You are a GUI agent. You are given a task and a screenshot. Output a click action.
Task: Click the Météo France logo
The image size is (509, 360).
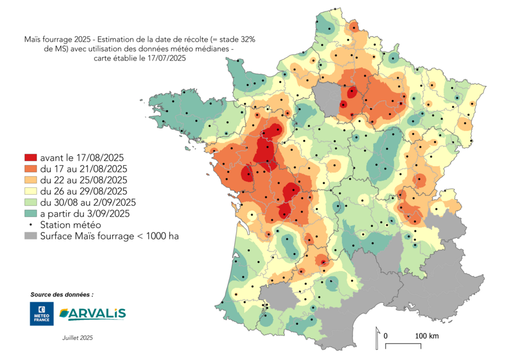[42, 314]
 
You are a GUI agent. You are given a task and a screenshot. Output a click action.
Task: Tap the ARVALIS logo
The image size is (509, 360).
[93, 313]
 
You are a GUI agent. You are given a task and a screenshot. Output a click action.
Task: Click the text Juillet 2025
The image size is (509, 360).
[78, 338]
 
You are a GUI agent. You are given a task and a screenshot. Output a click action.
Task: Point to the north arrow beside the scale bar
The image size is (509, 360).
[377, 338]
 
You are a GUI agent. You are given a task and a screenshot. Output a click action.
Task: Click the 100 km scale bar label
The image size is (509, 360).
[427, 335]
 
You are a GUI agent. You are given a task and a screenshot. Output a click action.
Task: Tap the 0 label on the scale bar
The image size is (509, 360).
[386, 335]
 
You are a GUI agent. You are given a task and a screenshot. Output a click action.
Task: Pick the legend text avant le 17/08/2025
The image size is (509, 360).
[82, 158]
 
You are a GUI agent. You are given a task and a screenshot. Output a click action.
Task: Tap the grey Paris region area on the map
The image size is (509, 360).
[327, 97]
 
